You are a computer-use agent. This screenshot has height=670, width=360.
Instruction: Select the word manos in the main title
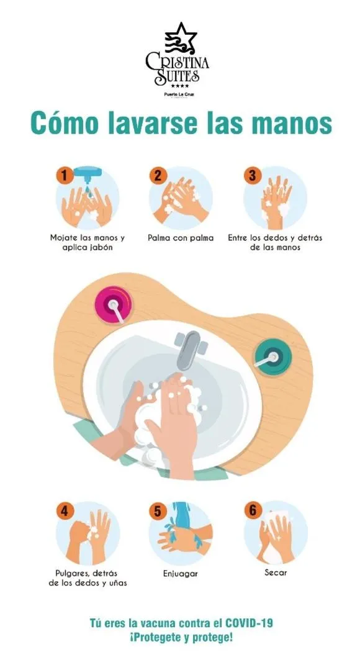click(x=292, y=124)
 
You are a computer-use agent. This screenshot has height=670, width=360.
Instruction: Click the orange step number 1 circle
click(x=65, y=176)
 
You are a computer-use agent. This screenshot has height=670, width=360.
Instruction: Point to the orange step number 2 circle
click(x=158, y=176)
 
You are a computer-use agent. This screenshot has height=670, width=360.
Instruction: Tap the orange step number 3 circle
click(x=253, y=176)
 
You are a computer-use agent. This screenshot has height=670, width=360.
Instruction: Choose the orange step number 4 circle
click(x=65, y=511)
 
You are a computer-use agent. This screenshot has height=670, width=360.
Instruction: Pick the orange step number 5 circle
click(x=158, y=511)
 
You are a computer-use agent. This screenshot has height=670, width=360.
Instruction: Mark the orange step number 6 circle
click(x=253, y=510)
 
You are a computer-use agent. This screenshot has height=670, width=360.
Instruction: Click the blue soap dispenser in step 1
click(x=88, y=174)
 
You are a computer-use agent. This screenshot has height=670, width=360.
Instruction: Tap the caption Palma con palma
click(x=181, y=238)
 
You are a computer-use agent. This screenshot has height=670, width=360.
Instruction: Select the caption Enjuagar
click(x=181, y=573)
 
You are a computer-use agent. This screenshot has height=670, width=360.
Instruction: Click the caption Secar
click(x=276, y=572)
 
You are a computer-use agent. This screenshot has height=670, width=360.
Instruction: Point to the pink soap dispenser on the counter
click(x=113, y=305)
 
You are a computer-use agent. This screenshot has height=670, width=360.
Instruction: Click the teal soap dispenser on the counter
click(x=273, y=357)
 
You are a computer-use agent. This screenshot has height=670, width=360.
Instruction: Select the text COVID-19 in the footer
click(x=248, y=623)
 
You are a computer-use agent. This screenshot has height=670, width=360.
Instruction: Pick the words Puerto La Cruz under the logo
click(x=179, y=94)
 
